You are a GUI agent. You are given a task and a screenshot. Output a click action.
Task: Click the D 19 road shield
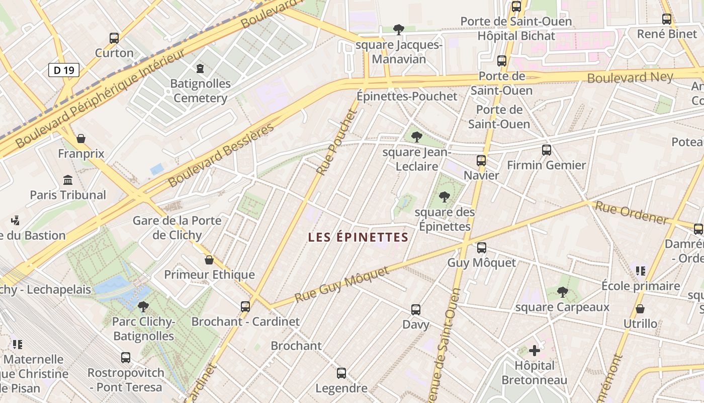pos(64,70)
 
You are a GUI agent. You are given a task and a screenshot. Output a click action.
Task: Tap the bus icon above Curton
pos(114,38)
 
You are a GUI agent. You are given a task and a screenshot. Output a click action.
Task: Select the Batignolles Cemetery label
pos(200,91)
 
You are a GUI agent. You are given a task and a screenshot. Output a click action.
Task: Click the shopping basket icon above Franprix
pos(80,138)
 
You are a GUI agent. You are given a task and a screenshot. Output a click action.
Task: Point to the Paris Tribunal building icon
pos(68,180)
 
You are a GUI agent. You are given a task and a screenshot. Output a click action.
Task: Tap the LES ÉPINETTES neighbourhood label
pos(358,237)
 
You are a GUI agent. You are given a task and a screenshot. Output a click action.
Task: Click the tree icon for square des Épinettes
pos(444,196)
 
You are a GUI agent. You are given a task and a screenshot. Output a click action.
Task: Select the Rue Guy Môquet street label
pos(342,285)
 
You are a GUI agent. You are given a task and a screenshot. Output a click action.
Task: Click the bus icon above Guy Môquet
pos(481,247)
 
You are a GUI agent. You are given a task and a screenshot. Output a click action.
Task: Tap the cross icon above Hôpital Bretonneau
pos(535,350)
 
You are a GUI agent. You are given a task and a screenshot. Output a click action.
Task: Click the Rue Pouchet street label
pos(336,142)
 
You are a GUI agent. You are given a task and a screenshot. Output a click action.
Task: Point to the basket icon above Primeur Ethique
pos(209,260)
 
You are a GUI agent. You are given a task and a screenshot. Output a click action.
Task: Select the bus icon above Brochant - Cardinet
pos(245,306)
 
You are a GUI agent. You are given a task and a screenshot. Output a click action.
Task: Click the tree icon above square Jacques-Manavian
pos(399,29)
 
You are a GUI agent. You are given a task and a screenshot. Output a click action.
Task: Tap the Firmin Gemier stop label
pos(547,165)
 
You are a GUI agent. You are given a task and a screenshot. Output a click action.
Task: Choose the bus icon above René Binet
pos(667,19)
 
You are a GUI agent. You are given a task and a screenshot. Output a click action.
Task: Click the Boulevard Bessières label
pos(221,155)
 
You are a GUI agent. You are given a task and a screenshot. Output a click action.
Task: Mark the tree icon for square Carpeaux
pos(563,292)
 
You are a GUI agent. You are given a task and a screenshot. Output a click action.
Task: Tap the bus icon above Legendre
pos(341,373)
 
